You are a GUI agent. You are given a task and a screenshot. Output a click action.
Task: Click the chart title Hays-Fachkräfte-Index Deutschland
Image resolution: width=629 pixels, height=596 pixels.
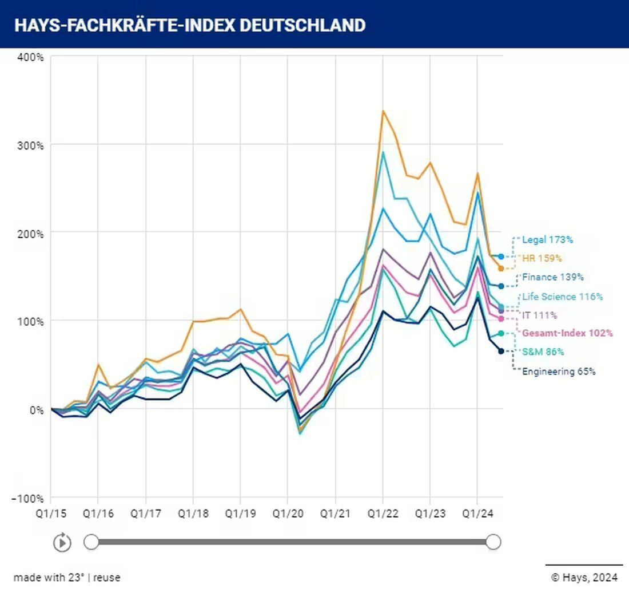click(189, 25)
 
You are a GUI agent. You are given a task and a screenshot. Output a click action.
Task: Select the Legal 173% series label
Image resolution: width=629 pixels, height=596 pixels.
click(547, 239)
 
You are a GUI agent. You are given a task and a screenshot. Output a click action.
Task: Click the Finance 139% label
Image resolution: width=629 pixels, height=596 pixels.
click(552, 277)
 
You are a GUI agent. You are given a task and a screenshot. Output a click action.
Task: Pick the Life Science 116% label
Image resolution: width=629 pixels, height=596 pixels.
click(562, 297)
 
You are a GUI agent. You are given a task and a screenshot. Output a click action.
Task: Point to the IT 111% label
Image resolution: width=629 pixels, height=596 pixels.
click(539, 315)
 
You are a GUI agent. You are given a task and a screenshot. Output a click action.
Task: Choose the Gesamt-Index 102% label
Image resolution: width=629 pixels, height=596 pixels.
click(567, 333)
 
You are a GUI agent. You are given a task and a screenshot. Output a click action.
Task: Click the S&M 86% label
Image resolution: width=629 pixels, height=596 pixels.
click(543, 352)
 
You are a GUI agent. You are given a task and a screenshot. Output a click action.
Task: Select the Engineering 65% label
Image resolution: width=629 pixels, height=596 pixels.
click(559, 371)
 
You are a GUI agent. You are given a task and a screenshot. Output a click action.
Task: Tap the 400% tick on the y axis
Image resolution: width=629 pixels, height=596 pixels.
click(31, 57)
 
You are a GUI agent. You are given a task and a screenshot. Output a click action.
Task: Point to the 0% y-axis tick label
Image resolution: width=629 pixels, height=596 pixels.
click(35, 409)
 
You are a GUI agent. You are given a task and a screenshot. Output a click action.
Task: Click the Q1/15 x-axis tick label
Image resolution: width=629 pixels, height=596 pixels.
click(50, 514)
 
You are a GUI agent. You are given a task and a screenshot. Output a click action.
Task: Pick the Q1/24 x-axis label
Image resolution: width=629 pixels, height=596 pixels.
click(477, 514)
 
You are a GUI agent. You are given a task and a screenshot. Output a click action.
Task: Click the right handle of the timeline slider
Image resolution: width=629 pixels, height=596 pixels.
click(493, 542)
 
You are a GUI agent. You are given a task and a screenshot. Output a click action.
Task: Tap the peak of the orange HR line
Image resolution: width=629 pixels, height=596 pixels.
click(383, 110)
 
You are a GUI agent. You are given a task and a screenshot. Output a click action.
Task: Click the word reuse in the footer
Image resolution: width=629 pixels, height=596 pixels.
click(107, 578)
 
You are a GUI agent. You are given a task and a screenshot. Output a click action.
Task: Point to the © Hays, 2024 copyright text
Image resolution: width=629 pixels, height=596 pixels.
click(584, 578)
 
